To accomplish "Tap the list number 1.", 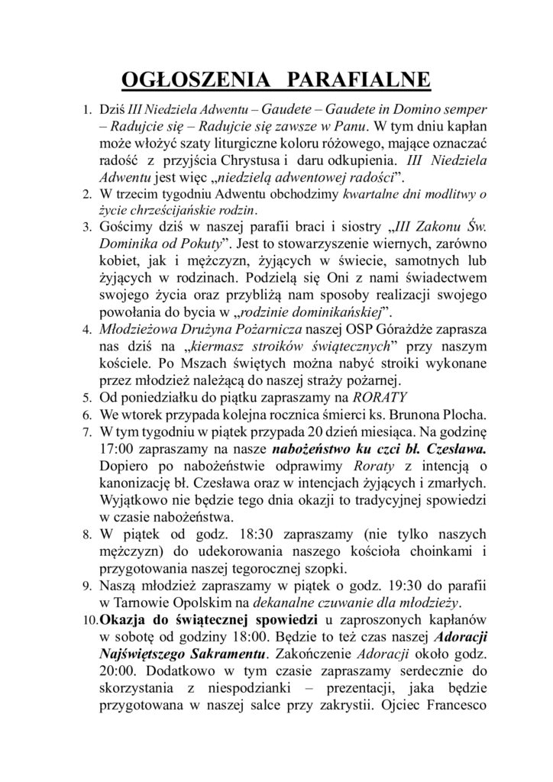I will [86, 109].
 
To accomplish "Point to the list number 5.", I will [86, 398].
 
